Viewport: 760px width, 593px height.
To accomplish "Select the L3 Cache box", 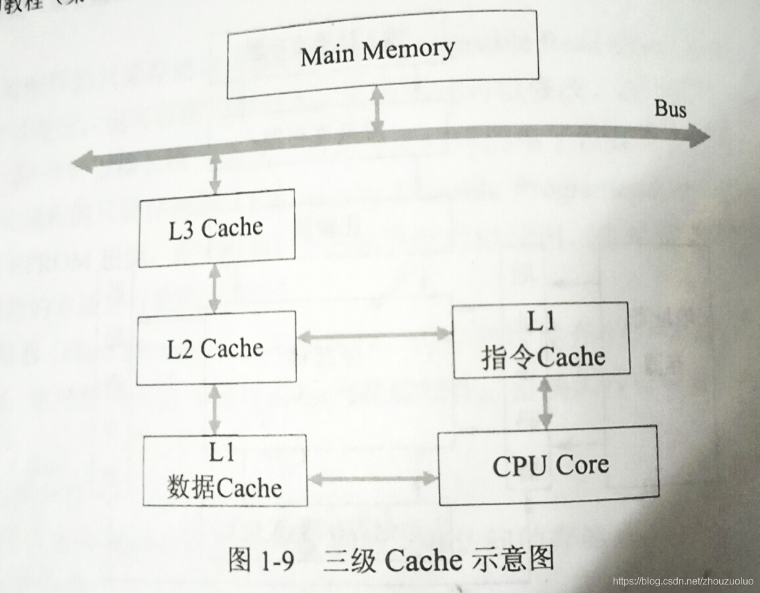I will coord(216,228).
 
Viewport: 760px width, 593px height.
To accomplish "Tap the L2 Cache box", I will coord(216,348).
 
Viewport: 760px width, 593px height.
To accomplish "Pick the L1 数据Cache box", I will coord(225,471).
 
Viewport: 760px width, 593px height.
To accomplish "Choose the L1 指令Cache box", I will coord(541,340).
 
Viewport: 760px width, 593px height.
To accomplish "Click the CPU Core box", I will coord(547,465).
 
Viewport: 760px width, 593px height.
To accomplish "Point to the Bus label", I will coord(670,110).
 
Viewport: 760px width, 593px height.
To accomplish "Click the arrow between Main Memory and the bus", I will coord(376,109).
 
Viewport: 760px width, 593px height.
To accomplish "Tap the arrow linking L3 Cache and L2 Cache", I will coord(214,289).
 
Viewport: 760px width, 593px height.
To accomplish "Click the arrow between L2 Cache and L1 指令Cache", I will coord(374,335).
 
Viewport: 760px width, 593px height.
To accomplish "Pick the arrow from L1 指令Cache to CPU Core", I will coord(545,402).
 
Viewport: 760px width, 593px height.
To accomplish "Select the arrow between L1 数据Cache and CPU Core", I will coord(373,478).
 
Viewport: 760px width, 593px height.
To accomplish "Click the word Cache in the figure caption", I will coord(424,560).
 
